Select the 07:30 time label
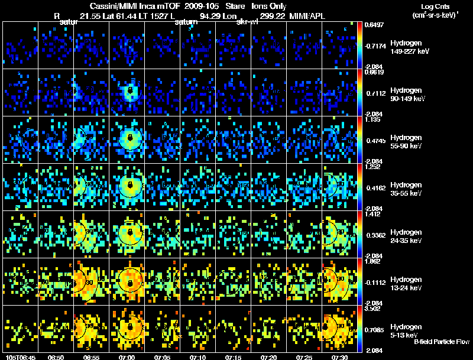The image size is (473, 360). coord(340,357)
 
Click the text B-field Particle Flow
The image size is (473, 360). coord(441,342)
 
